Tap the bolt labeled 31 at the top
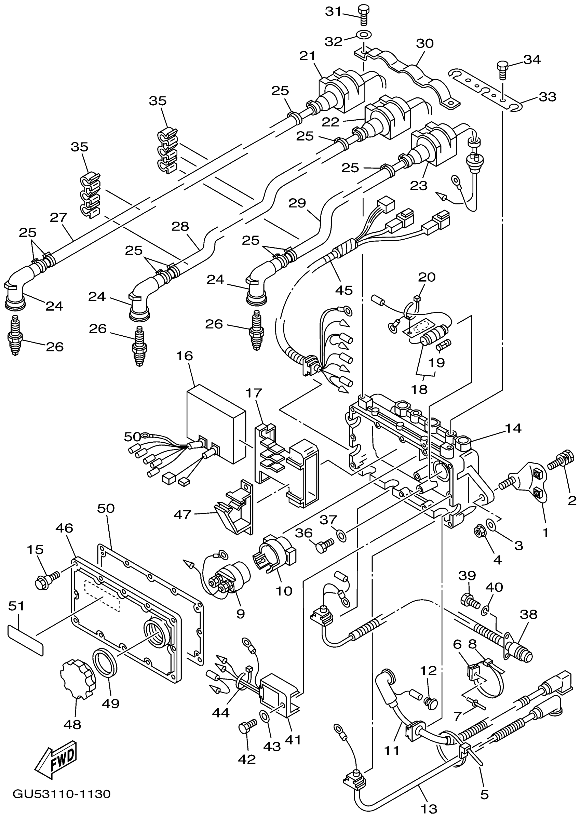coord(364,15)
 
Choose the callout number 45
coord(344,290)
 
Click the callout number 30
coord(425,43)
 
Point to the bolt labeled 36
coord(324,545)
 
